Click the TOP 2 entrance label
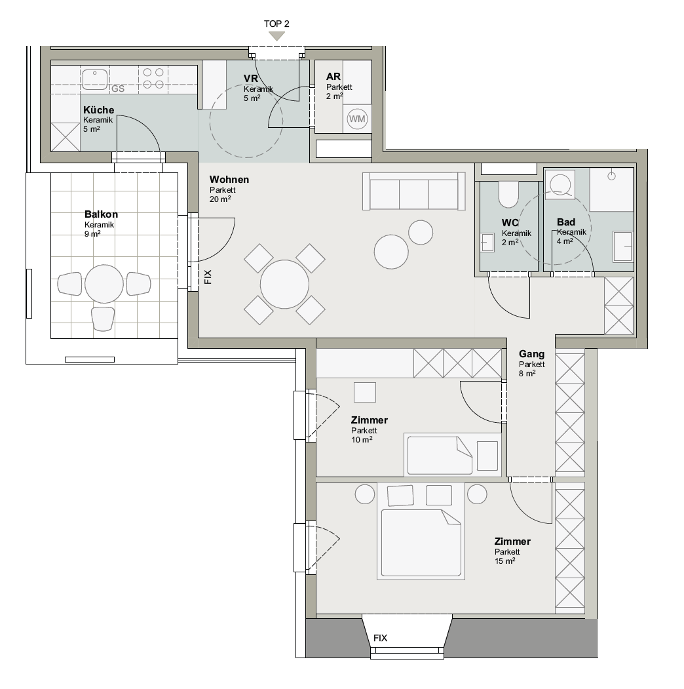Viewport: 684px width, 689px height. click(x=276, y=24)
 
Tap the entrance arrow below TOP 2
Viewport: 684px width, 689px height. click(x=276, y=36)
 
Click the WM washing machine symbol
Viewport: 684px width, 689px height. click(x=357, y=119)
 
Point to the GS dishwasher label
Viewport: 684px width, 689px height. click(x=118, y=89)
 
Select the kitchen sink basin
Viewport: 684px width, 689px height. click(x=95, y=79)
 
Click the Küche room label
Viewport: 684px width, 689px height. click(x=99, y=110)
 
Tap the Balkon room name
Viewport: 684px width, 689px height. click(x=101, y=214)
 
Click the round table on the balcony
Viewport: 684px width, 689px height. click(x=104, y=284)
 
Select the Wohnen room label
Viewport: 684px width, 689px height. click(x=229, y=179)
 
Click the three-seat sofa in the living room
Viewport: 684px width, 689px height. click(x=413, y=191)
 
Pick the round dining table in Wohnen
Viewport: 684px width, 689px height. click(x=284, y=285)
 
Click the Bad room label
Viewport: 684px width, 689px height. click(x=566, y=222)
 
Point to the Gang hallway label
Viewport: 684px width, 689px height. click(x=531, y=354)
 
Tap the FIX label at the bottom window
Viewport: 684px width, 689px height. click(x=380, y=638)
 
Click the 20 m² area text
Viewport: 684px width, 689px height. click(x=220, y=199)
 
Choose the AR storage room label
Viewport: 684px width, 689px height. click(x=333, y=77)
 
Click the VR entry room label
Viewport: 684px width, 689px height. click(x=251, y=78)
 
